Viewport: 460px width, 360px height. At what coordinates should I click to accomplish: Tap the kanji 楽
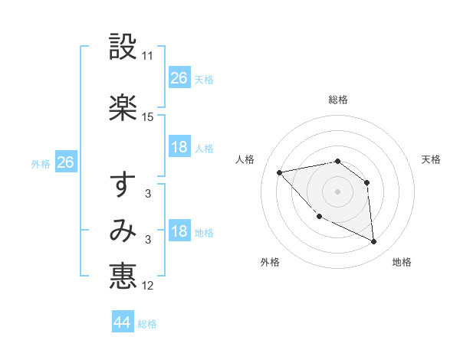click(x=123, y=107)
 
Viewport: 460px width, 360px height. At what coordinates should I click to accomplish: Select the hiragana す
click(x=123, y=184)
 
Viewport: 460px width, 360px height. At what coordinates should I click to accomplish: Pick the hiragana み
click(x=123, y=231)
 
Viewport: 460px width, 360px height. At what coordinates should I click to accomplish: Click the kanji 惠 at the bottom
click(x=123, y=276)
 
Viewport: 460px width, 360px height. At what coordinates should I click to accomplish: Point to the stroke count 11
click(x=148, y=56)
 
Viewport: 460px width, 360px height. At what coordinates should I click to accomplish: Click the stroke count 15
click(x=148, y=117)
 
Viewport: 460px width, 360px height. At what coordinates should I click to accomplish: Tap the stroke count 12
click(x=148, y=286)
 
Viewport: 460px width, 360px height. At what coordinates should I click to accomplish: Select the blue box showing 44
click(x=123, y=322)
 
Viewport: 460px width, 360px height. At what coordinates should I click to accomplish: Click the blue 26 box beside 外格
click(x=65, y=162)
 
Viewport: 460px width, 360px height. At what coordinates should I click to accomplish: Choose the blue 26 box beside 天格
click(x=179, y=78)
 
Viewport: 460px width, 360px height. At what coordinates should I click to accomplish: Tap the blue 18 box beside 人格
click(x=179, y=147)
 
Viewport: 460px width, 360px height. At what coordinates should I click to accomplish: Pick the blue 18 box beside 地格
click(x=179, y=231)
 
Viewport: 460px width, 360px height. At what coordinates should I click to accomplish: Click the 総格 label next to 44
click(x=147, y=324)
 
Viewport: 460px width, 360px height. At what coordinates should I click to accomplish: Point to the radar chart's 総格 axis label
click(x=338, y=100)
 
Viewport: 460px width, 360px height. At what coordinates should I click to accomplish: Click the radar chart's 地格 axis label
click(x=402, y=263)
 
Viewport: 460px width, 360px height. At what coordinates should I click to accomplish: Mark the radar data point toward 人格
click(x=280, y=172)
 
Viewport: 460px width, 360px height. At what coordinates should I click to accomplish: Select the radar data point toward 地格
click(x=374, y=242)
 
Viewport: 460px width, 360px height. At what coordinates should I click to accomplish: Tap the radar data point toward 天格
click(x=367, y=182)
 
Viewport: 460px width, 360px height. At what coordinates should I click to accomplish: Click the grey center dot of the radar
click(x=337, y=191)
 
